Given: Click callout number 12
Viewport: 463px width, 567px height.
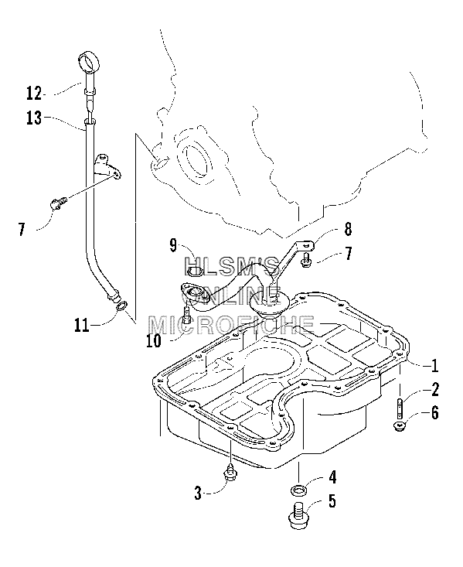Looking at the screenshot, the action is pos(34,94).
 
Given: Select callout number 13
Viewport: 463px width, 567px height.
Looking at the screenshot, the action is pos(34,118).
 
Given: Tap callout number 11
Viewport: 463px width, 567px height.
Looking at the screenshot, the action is pos(82,325).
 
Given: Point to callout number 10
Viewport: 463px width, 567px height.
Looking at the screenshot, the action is pos(154,340).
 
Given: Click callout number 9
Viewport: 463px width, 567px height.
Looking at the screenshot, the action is pos(173,245).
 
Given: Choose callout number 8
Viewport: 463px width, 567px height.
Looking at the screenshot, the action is pos(348,229).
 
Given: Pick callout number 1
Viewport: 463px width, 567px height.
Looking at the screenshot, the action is pos(435,366).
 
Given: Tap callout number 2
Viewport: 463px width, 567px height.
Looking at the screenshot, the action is pos(435,389).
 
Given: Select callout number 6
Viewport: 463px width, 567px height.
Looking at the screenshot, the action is pos(435,412).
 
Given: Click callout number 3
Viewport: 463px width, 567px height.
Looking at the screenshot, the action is pos(198,493).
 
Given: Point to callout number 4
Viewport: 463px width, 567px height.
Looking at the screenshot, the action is pos(332,477).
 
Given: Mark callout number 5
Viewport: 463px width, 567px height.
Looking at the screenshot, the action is pos(332,501).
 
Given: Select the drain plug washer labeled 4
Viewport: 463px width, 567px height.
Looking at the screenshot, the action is pos(299,491).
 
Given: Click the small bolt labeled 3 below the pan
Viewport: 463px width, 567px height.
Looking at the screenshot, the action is pos(230,473).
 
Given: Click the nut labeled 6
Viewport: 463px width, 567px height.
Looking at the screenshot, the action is pos(399,426).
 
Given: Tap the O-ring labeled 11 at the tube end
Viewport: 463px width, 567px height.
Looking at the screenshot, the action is pos(122,306).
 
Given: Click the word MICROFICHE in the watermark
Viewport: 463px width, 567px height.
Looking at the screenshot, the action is pos(232,325).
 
